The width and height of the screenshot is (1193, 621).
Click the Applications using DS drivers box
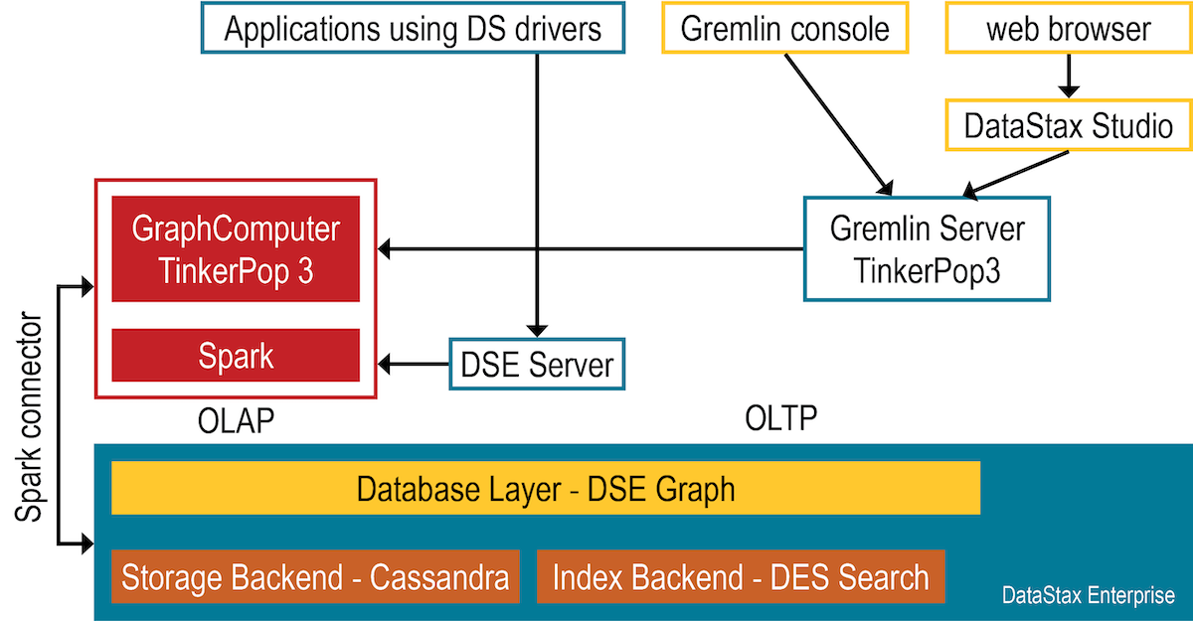[413, 28]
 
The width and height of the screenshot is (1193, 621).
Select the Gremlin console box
[784, 28]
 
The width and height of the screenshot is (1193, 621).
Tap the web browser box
[1068, 28]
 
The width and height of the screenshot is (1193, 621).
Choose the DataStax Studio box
[1068, 126]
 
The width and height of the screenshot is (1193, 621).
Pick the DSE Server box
[537, 365]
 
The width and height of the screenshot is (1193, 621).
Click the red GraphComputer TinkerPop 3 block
[236, 248]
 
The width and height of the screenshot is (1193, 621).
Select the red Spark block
[236, 355]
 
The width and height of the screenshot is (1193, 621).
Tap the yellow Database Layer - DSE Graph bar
[546, 488]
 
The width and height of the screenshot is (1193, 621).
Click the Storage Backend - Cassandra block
[315, 576]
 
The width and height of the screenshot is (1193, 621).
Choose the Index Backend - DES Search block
[741, 576]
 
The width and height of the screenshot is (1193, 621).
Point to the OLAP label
[236, 420]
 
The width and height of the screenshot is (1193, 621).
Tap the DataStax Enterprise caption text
[1088, 596]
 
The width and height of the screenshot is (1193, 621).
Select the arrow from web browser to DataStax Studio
[1068, 76]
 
